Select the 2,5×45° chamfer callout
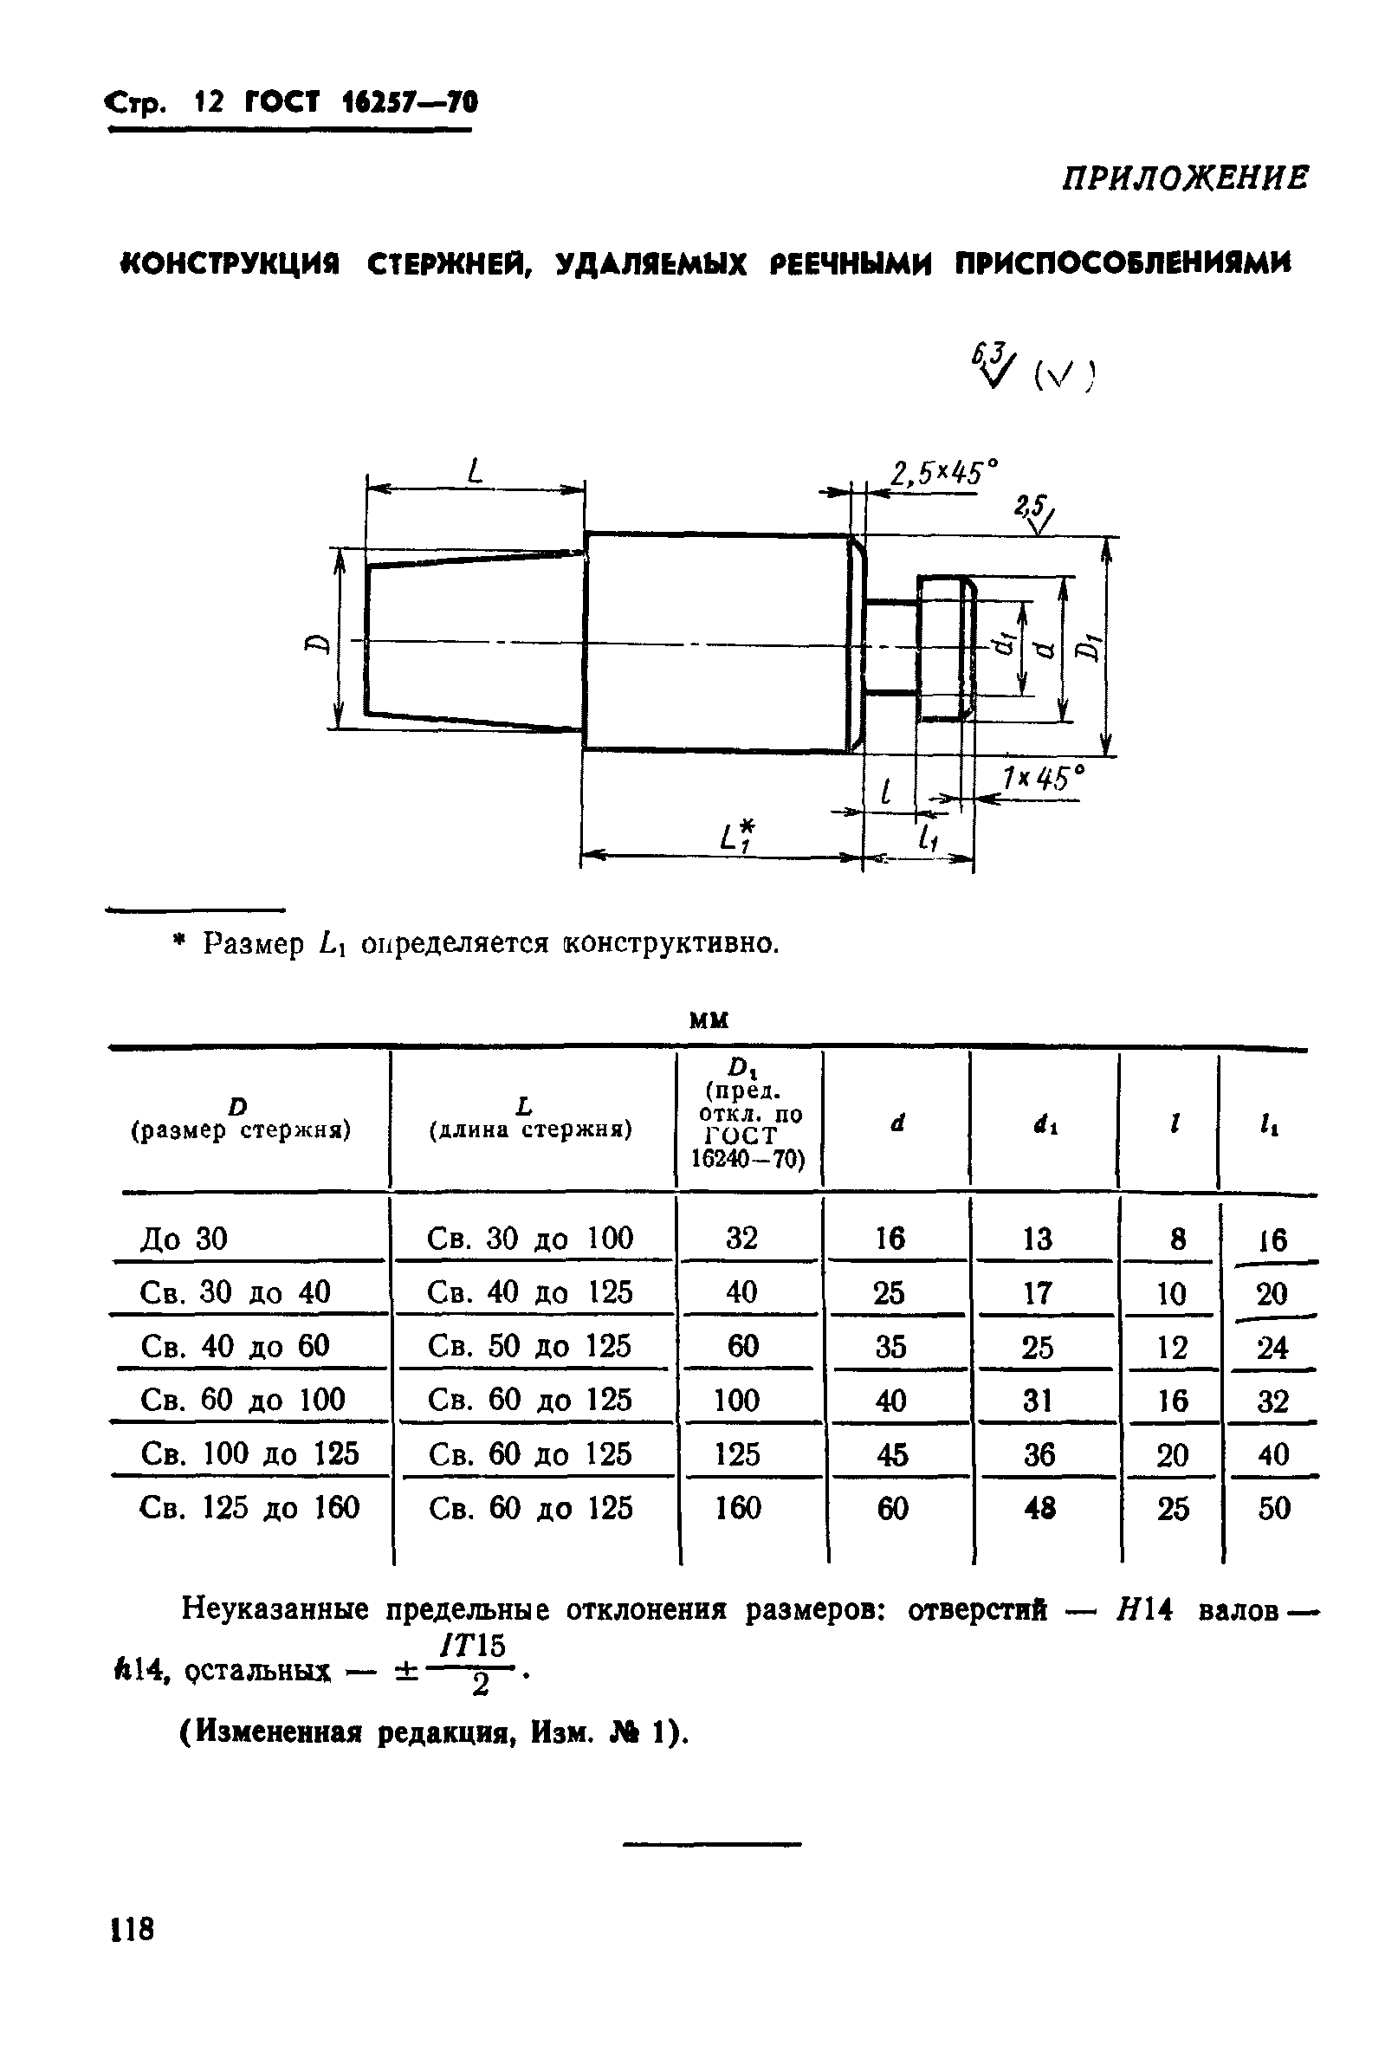coord(942,474)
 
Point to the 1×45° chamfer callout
coord(1041,780)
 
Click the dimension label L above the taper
coord(476,471)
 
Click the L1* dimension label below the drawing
coord(736,836)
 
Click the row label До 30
coord(184,1238)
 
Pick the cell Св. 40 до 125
coord(529,1292)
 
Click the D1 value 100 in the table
coord(736,1400)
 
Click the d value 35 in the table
coord(890,1347)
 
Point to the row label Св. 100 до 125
coord(249,1453)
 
